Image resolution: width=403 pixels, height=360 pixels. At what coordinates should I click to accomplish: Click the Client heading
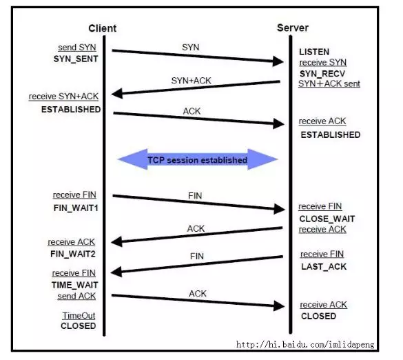[x=102, y=28]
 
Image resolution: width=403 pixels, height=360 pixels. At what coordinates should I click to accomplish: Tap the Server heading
[x=293, y=28]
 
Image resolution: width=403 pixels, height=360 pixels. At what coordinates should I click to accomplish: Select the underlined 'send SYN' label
[x=77, y=48]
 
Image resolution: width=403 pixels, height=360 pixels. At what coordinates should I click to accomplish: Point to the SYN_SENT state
[x=76, y=59]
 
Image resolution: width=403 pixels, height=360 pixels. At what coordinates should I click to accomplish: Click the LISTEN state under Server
[x=314, y=52]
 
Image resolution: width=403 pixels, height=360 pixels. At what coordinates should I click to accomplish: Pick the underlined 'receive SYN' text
[x=323, y=62]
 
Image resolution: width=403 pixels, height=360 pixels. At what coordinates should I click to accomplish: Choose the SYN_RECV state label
[x=322, y=74]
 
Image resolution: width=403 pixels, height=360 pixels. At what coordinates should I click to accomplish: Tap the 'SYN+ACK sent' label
[x=329, y=83]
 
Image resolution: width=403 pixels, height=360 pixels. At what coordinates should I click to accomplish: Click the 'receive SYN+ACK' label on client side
[x=63, y=97]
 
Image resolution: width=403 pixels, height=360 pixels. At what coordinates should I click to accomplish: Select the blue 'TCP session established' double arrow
[x=198, y=159]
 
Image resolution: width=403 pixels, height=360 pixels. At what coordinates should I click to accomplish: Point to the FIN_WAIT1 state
[x=76, y=208]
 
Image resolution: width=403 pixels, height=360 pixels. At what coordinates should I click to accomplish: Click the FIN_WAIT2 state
[x=73, y=254]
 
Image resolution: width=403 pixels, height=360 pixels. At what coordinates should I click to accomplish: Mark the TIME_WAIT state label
[x=74, y=285]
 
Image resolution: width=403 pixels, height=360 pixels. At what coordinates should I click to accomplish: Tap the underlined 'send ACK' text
[x=76, y=296]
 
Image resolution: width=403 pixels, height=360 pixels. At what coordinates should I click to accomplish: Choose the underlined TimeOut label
[x=79, y=315]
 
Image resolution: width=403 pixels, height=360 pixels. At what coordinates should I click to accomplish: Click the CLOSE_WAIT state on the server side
[x=327, y=219]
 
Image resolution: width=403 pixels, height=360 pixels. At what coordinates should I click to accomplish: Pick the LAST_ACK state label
[x=324, y=267]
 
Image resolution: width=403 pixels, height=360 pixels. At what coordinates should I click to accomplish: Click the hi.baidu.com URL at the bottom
[x=305, y=344]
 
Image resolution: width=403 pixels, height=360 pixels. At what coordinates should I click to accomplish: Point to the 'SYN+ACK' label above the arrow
[x=192, y=81]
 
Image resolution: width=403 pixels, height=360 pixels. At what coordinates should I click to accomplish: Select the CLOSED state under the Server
[x=318, y=316]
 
